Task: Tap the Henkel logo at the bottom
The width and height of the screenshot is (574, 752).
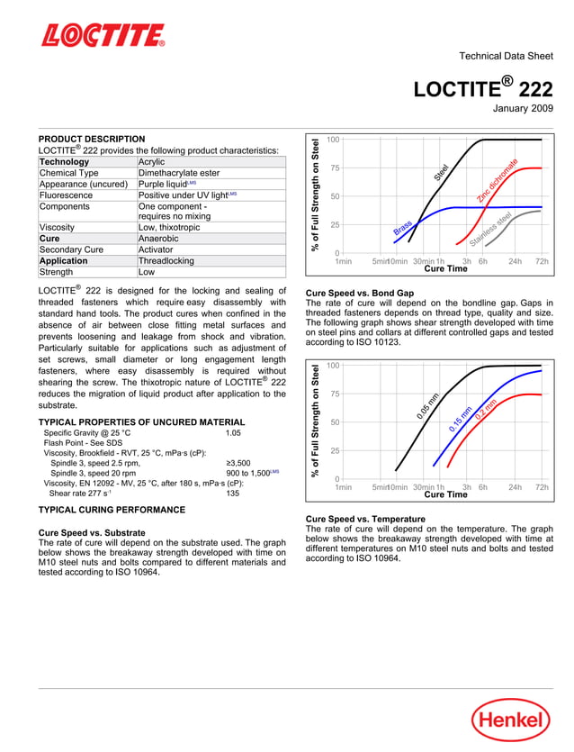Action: click(x=510, y=720)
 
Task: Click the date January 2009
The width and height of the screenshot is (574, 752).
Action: click(x=523, y=109)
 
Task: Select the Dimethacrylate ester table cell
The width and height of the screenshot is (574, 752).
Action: click(x=178, y=173)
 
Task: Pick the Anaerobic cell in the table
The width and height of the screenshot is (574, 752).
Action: click(x=158, y=239)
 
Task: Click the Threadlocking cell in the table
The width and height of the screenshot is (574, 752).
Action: click(x=166, y=260)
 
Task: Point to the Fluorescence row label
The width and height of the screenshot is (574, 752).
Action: click(x=68, y=195)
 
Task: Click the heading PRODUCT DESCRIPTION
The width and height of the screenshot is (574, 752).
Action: click(x=92, y=139)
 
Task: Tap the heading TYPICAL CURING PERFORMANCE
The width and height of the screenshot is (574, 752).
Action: click(x=112, y=510)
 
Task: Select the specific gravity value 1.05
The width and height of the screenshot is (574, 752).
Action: click(x=234, y=433)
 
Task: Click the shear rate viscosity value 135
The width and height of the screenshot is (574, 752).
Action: click(x=233, y=493)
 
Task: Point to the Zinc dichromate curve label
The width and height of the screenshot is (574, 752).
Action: click(x=498, y=179)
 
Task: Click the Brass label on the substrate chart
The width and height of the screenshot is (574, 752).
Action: click(x=402, y=229)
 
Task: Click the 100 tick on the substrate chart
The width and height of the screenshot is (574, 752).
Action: click(x=333, y=140)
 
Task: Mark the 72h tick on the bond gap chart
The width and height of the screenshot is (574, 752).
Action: click(x=542, y=486)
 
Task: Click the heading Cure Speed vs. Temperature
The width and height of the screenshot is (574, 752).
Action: click(x=365, y=519)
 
